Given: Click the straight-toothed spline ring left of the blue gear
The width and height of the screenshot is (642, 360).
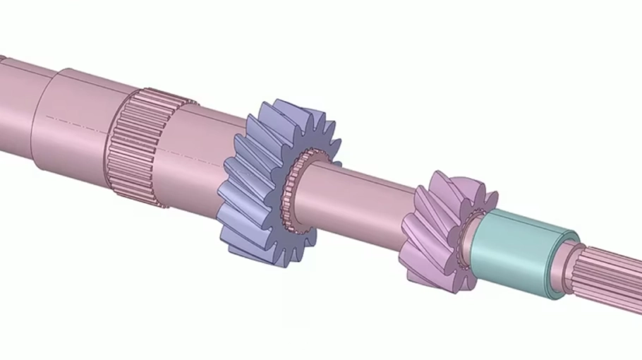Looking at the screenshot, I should pos(134,148).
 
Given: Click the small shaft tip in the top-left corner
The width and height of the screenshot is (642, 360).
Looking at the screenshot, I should pos(2,59).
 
